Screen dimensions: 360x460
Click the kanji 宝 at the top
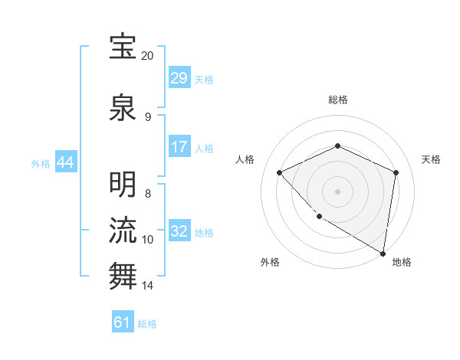(123, 47)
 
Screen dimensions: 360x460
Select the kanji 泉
(123, 108)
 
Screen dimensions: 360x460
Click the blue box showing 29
(179, 78)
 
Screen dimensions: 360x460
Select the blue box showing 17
(179, 147)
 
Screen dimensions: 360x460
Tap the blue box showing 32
(179, 231)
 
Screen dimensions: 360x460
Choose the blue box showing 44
(65, 162)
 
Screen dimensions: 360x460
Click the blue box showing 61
(123, 322)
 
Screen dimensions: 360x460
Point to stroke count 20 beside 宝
(147, 56)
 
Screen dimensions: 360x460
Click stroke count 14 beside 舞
(147, 286)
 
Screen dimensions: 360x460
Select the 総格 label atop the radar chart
(337, 100)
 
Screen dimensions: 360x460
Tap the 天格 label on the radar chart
(431, 159)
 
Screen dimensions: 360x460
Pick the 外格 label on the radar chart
(270, 262)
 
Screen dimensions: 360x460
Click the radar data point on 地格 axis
(383, 253)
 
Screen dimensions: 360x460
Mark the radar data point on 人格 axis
(280, 172)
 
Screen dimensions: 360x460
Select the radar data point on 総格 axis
(337, 146)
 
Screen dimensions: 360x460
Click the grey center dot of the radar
(337, 191)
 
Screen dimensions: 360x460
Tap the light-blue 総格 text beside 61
(147, 324)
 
